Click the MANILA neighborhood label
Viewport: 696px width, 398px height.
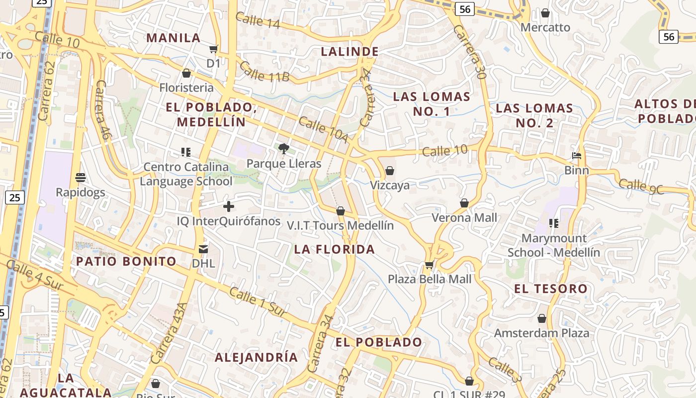pyautogui.click(x=174, y=38)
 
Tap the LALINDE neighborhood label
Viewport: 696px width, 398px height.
pyautogui.click(x=350, y=51)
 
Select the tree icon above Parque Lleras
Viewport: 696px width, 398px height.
pyautogui.click(x=284, y=148)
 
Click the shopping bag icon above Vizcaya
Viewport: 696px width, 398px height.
pyautogui.click(x=390, y=171)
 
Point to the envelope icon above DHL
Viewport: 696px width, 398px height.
pyautogui.click(x=203, y=249)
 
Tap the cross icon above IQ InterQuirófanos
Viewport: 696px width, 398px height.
pyautogui.click(x=229, y=206)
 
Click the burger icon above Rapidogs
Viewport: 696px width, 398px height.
pyautogui.click(x=80, y=177)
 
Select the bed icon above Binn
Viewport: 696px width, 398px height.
pyautogui.click(x=577, y=156)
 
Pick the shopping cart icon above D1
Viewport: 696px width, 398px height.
pyautogui.click(x=213, y=49)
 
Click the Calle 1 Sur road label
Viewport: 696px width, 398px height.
pyautogui.click(x=258, y=301)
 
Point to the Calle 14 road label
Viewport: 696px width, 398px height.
pyautogui.click(x=258, y=20)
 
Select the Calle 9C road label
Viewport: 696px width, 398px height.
pyautogui.click(x=641, y=187)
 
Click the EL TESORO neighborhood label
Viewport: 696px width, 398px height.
pyautogui.click(x=551, y=289)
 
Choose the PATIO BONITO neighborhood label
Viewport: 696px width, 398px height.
pyautogui.click(x=126, y=261)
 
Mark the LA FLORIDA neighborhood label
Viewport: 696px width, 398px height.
pyautogui.click(x=334, y=249)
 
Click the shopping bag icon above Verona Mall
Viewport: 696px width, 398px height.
pyautogui.click(x=464, y=203)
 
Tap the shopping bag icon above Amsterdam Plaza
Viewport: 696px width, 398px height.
pyautogui.click(x=542, y=318)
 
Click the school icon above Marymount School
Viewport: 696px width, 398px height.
pyautogui.click(x=553, y=223)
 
